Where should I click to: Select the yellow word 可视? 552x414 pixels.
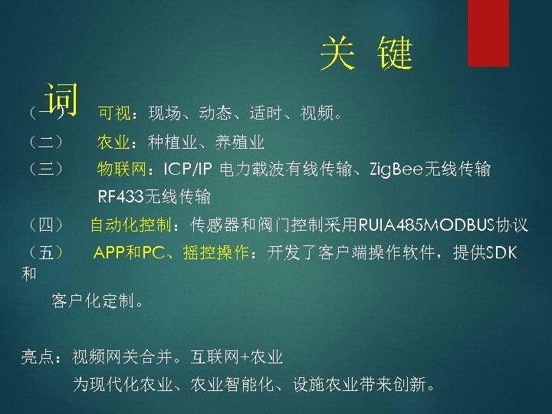coord(113,114)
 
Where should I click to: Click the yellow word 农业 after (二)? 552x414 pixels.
coord(113,142)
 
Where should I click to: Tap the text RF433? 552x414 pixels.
coord(116,197)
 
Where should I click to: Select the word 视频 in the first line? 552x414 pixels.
coord(317,114)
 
